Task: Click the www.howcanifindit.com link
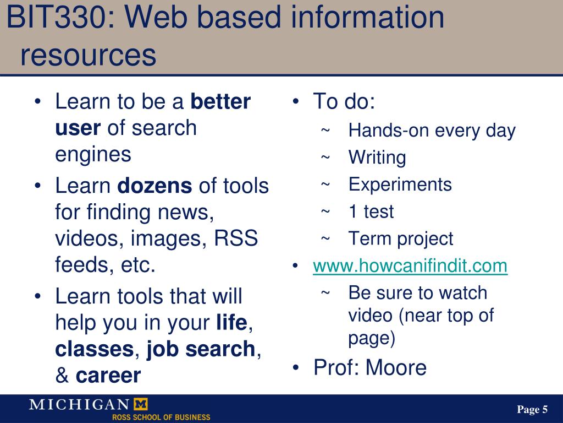[x=410, y=266]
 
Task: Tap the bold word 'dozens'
[x=155, y=186]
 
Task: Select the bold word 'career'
[x=108, y=376]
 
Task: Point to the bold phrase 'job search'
[x=201, y=349]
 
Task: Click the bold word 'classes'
[x=94, y=349]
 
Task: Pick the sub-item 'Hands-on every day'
[x=432, y=131]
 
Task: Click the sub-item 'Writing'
[x=377, y=158]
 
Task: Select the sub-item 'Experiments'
[x=400, y=185]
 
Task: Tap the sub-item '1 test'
[x=371, y=211]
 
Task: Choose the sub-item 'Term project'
[x=401, y=238]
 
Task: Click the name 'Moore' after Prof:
[x=396, y=367]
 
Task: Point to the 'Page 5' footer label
[x=532, y=409]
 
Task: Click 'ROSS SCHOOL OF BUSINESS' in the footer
[x=161, y=417]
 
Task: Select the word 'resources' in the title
[x=89, y=55]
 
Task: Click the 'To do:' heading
[x=344, y=102]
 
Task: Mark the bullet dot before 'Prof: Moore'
[x=296, y=367]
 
